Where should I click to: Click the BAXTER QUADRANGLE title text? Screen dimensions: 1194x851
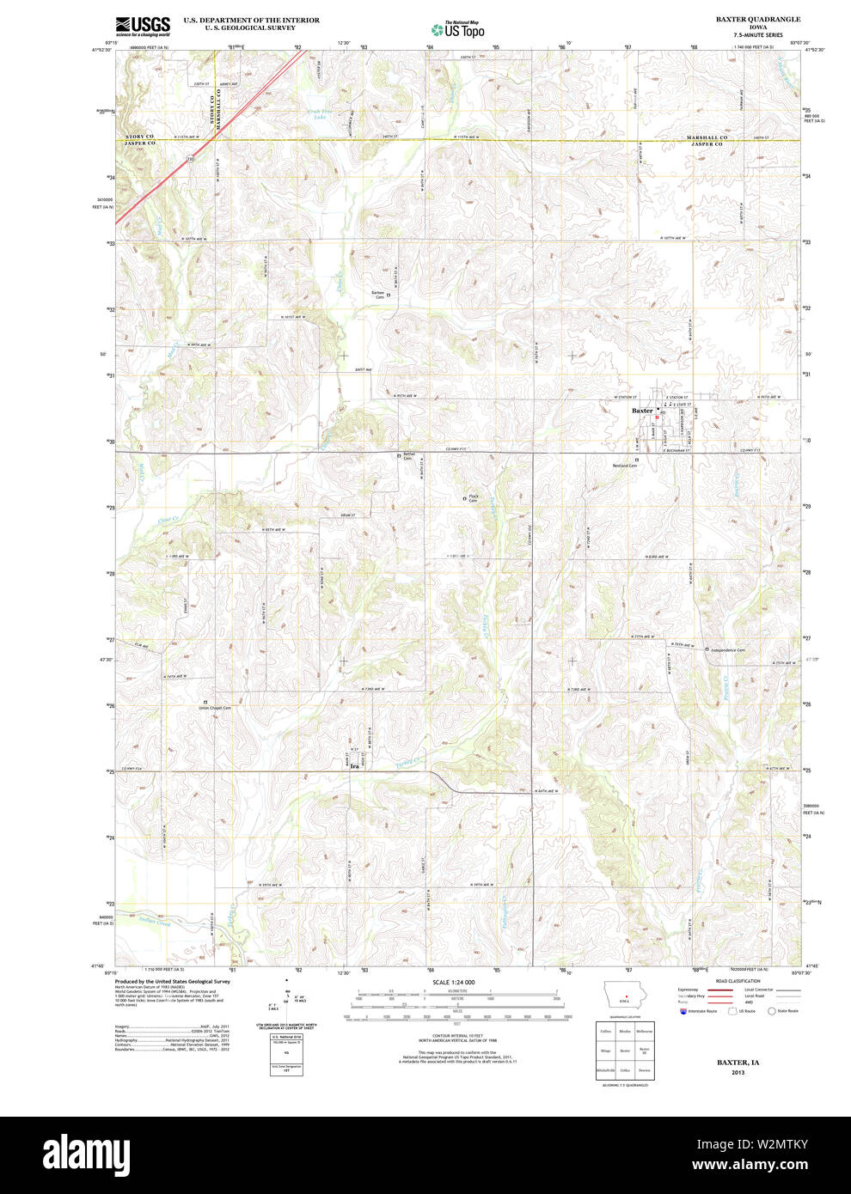[x=757, y=19]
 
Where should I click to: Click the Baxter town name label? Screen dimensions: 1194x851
[x=642, y=411]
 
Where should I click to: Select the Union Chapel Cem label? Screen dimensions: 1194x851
[x=216, y=709]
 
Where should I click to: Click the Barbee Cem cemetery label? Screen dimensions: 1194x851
[x=377, y=295]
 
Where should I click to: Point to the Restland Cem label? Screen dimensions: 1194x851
[x=624, y=466]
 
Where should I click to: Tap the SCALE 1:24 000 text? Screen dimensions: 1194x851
[x=454, y=982]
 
